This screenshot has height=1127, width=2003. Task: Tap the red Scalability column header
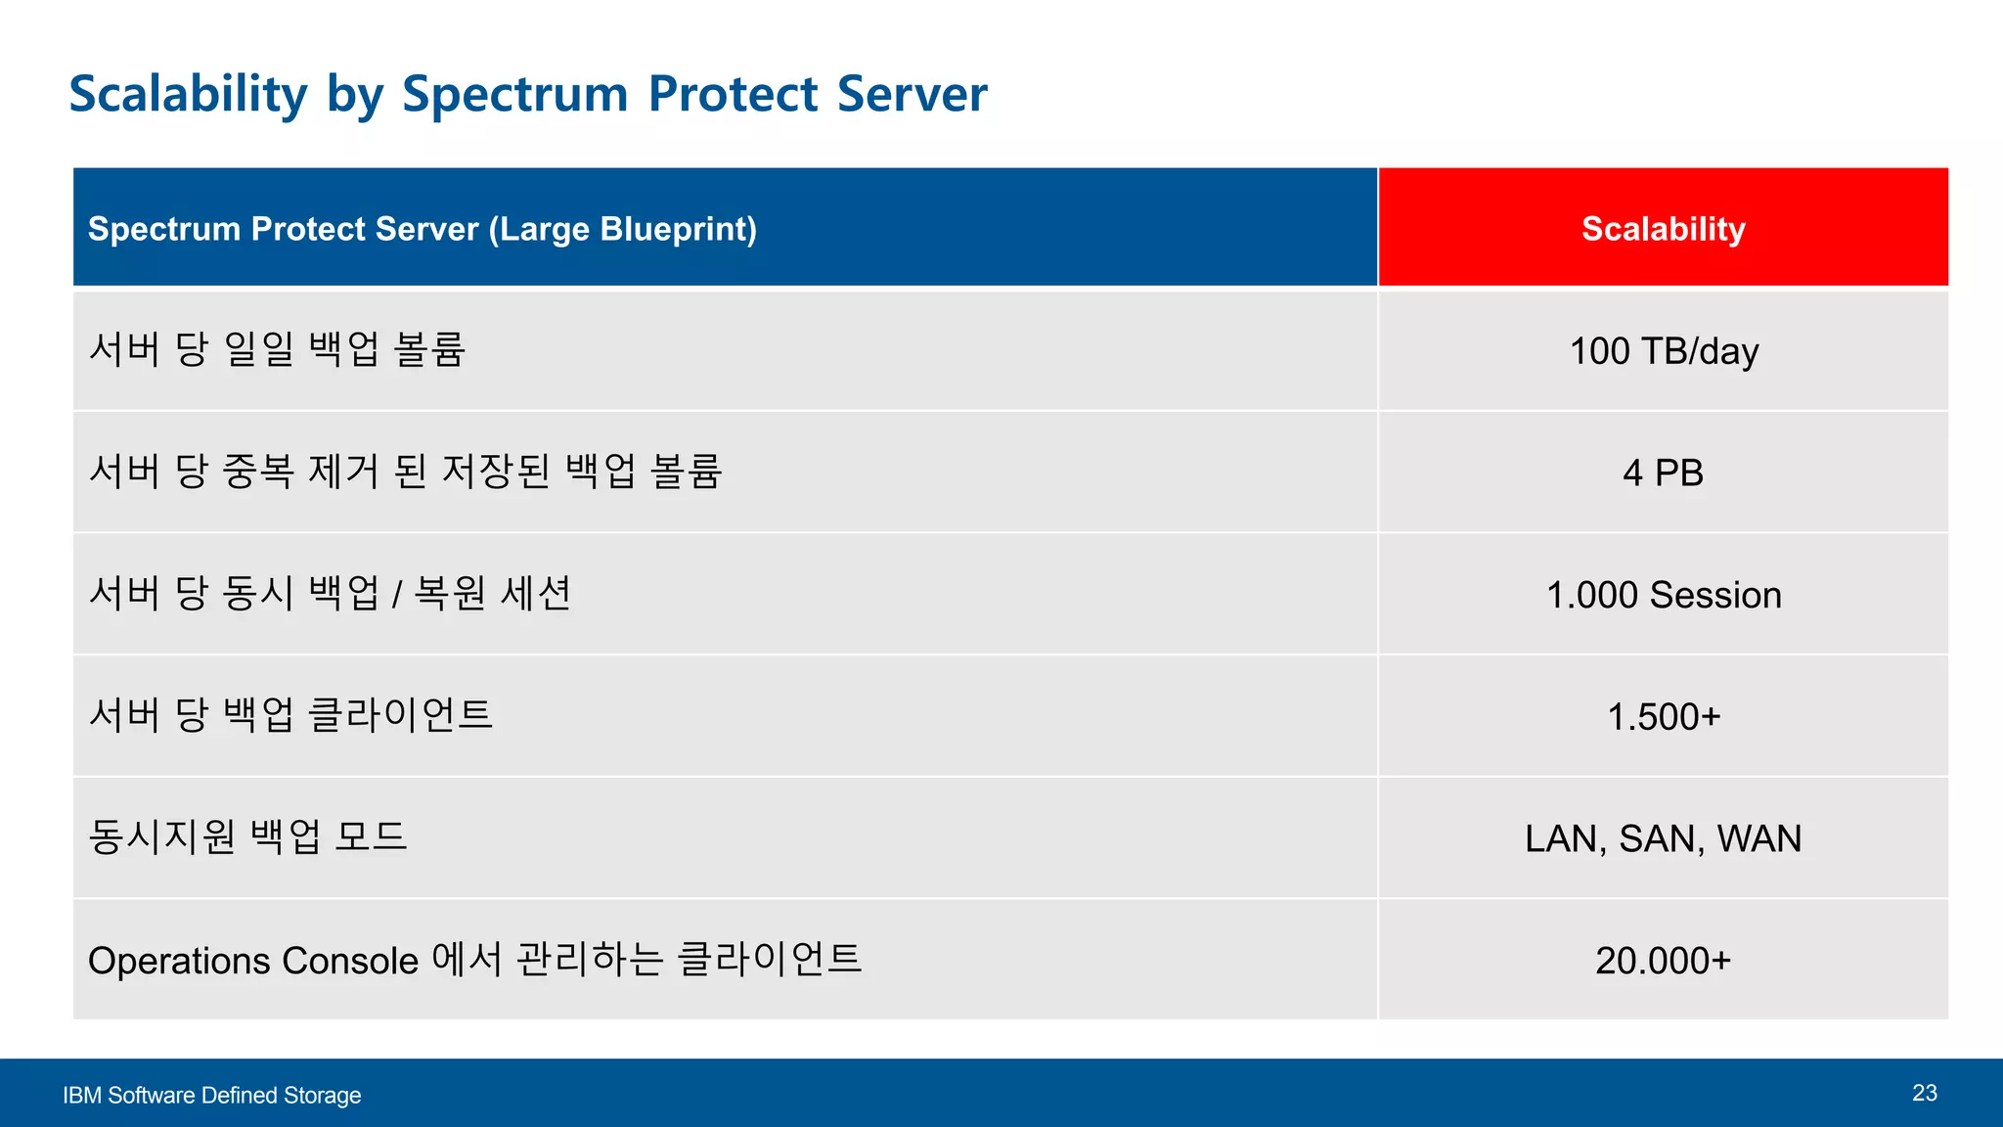point(1663,229)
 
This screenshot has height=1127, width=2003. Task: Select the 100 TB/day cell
point(1663,351)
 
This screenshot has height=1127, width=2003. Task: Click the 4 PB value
point(1663,473)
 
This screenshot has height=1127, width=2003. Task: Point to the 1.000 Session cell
point(1663,595)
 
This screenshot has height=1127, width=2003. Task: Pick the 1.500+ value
point(1663,717)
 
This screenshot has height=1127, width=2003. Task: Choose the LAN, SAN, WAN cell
point(1663,838)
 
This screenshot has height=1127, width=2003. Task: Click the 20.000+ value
point(1663,961)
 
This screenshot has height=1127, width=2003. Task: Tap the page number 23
point(1924,1093)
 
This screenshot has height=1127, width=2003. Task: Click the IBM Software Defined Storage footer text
point(211,1096)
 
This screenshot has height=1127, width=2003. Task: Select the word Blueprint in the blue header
point(677,229)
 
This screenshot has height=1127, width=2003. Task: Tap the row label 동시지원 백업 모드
point(247,837)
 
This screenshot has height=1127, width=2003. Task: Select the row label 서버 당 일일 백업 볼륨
point(277,349)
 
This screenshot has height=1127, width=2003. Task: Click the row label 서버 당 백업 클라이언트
point(290,715)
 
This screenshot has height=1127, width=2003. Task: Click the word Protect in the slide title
point(733,95)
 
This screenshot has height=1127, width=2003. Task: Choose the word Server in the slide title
point(912,95)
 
